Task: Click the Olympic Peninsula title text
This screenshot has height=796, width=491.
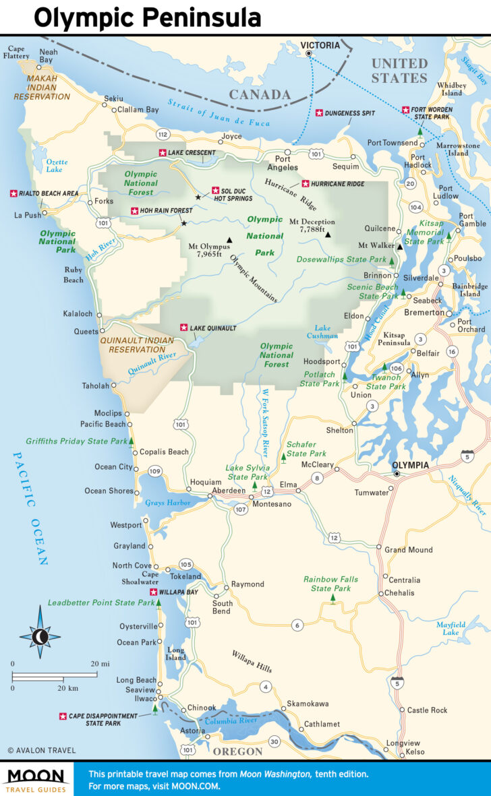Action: (147, 18)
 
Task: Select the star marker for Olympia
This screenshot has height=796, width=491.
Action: (397, 474)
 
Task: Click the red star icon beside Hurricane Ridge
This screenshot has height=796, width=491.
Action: (305, 183)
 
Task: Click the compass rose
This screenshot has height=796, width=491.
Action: (40, 636)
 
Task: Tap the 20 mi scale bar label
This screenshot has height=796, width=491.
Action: (100, 664)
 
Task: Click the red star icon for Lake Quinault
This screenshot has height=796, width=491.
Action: (183, 328)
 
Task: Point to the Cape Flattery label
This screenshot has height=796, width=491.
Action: (18, 52)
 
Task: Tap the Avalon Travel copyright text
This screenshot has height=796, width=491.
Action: (41, 750)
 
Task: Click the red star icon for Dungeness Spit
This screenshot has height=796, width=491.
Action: (320, 113)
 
